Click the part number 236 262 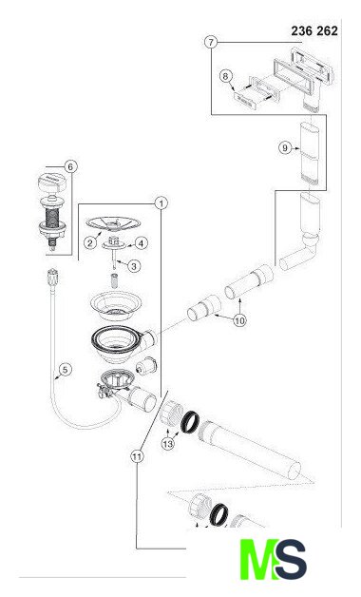pyautogui.click(x=314, y=30)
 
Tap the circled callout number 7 pyautogui.click(x=211, y=42)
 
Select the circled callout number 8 pyautogui.click(x=225, y=76)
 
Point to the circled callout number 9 pyautogui.click(x=285, y=147)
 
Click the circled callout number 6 pyautogui.click(x=70, y=166)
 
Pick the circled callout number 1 pyautogui.click(x=161, y=203)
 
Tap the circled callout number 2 pyautogui.click(x=90, y=242)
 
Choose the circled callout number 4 pyautogui.click(x=142, y=243)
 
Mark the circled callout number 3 pyautogui.click(x=134, y=266)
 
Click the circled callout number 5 pyautogui.click(x=66, y=369)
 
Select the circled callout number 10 pyautogui.click(x=239, y=320)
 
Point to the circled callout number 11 pyautogui.click(x=137, y=455)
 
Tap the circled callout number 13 pyautogui.click(x=168, y=444)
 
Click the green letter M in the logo pyautogui.click(x=257, y=559)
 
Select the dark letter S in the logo pyautogui.click(x=291, y=559)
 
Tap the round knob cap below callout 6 pyautogui.click(x=52, y=182)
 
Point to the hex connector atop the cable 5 pyautogui.click(x=52, y=277)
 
